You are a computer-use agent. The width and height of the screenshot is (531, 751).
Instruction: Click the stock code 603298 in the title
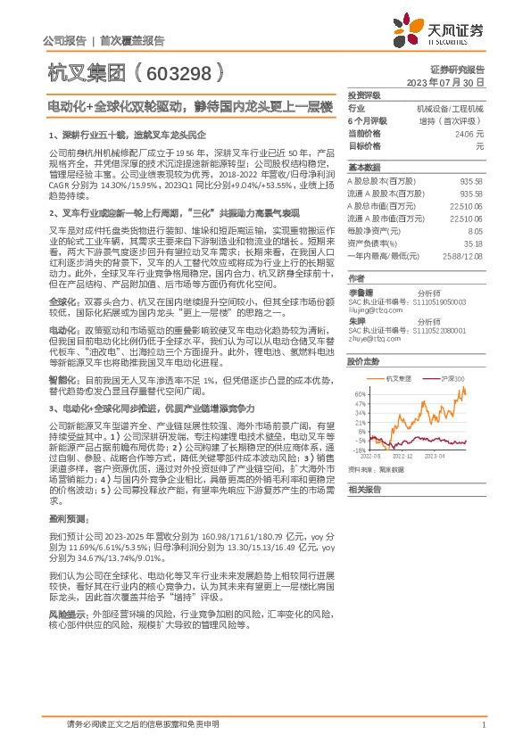point(177,68)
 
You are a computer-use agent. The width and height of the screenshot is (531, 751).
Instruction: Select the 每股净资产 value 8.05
point(475,229)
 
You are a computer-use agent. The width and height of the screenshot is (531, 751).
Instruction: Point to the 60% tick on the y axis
point(359,393)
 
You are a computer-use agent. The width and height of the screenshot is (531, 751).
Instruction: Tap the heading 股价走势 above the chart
point(363,361)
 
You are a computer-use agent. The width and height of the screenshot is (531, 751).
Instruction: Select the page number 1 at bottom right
point(483,725)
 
